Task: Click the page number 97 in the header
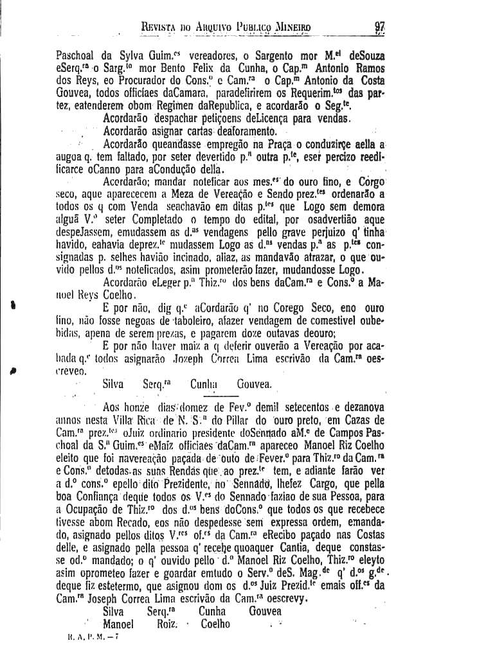click(380, 28)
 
